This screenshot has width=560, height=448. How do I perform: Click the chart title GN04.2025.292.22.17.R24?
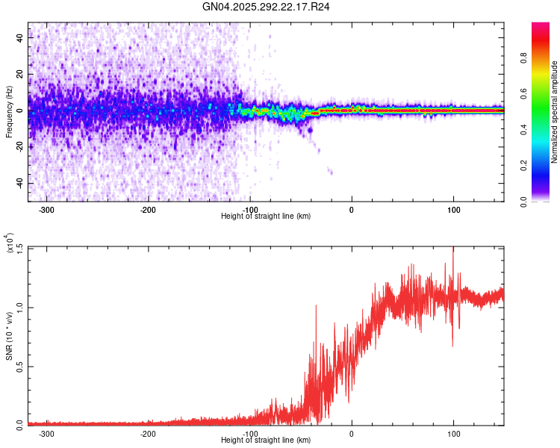[x=267, y=7]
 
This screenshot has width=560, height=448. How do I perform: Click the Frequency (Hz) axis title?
[x=9, y=111]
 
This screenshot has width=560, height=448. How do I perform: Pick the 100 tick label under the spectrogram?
[x=453, y=209]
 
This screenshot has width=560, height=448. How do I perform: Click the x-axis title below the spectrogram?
[x=266, y=217]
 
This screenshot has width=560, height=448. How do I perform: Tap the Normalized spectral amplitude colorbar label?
[x=555, y=112]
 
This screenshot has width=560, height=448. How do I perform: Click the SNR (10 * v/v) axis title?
[x=9, y=335]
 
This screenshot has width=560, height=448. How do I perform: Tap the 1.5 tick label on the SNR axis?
[x=19, y=248]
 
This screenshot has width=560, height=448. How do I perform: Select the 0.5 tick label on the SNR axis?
[x=19, y=366]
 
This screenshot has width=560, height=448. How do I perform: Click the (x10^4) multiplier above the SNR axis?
[x=10, y=244]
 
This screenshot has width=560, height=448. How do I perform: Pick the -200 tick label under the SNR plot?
[x=148, y=433]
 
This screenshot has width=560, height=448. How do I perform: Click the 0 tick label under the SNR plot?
[x=352, y=433]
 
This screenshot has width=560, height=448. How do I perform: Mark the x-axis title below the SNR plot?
[x=266, y=441]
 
